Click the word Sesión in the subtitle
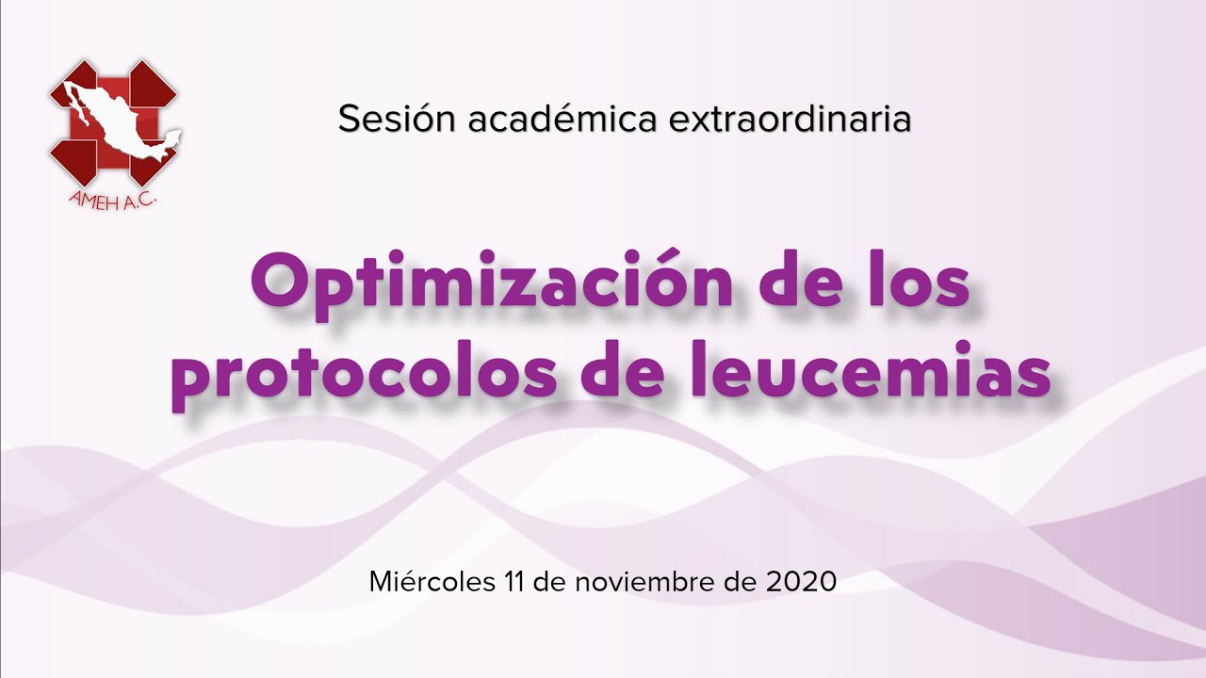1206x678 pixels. (x=397, y=119)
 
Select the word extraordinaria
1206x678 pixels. (x=790, y=119)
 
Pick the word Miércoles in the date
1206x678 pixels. (x=432, y=582)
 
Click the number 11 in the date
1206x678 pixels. (x=514, y=582)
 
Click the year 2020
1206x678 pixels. (x=801, y=582)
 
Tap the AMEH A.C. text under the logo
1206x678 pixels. (x=112, y=201)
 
